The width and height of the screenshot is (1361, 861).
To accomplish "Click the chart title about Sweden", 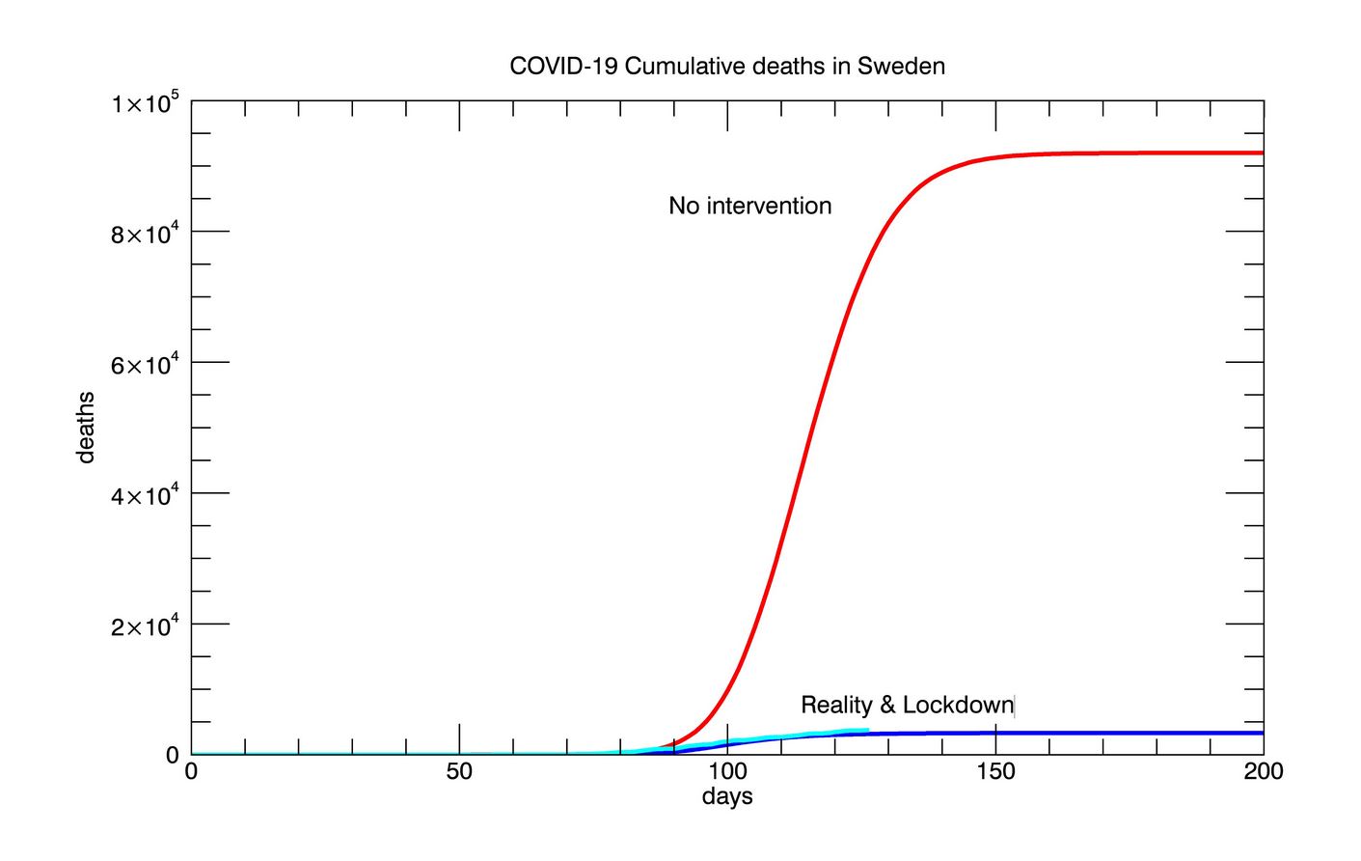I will coord(726,67).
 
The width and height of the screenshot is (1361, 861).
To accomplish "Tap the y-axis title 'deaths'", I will coord(87,427).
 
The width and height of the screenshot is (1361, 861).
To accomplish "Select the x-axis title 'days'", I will coord(726,797).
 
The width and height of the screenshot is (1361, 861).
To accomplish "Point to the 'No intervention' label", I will coord(749,206).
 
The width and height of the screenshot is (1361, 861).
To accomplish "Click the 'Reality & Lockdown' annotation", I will coord(907,705).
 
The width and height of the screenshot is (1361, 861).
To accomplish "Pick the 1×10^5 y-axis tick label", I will coord(146,101).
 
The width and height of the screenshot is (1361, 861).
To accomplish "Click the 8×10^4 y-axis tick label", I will coord(146,233).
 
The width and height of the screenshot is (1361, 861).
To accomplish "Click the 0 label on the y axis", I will coord(173,755).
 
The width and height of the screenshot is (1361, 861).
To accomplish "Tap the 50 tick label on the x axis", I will coord(459,772).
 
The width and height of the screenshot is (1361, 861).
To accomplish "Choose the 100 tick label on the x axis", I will coord(727,772).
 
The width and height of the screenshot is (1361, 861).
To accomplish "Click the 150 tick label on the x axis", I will coord(995,772).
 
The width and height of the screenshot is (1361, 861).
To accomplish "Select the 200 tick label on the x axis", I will coord(1263,772).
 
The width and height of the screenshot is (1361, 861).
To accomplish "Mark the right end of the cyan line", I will coord(867,731).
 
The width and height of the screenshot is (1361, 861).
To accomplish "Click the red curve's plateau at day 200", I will coord(1262,153).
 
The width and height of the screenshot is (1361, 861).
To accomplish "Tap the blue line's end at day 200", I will coord(1262,733).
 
